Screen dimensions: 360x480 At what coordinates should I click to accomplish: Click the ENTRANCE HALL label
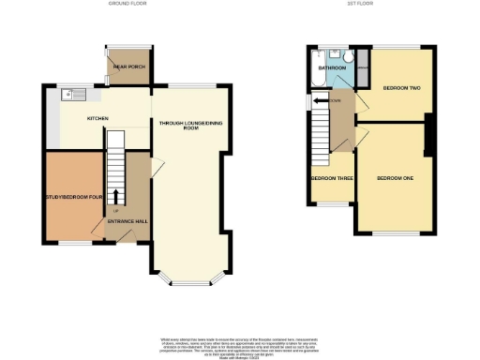(x=127, y=222)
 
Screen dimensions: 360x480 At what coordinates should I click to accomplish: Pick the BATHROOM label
(x=333, y=68)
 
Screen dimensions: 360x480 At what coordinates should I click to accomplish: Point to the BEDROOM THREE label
(x=332, y=177)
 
